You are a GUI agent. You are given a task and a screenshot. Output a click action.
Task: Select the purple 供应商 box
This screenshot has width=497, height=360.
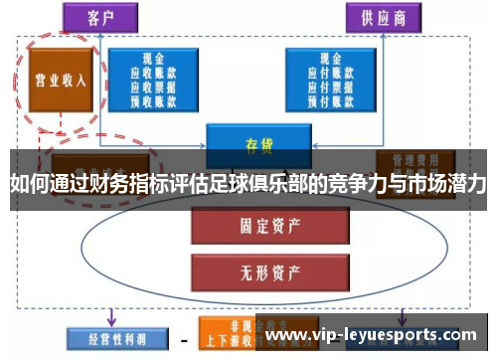point(382,18)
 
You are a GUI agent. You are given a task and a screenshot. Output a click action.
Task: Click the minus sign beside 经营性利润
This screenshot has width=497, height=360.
point(185,338)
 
